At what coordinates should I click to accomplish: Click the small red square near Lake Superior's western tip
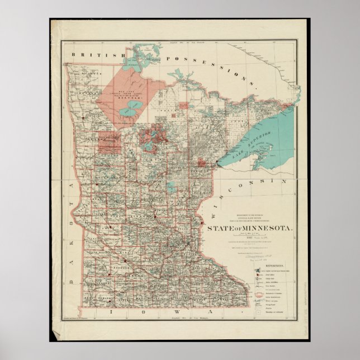pos(201,162)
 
